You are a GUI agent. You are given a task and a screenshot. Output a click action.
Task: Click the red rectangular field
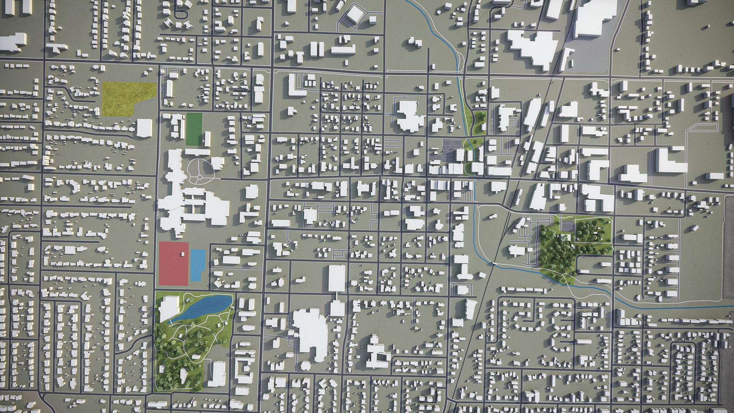tap(173, 264)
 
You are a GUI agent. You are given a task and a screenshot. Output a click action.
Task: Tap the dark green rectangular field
tap(194, 129)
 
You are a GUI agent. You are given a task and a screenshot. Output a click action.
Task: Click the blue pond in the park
tap(206, 306)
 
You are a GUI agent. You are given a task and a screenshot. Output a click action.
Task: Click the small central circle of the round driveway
tap(200, 177)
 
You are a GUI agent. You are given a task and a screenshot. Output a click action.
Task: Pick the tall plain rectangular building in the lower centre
tap(337, 278)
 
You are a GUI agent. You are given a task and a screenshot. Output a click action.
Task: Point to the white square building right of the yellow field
tap(144, 128)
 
